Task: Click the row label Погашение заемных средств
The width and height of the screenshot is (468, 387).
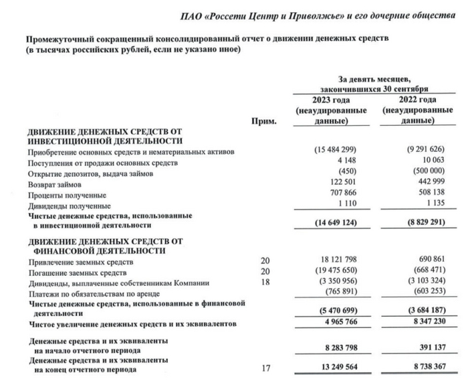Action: click(x=76, y=272)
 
